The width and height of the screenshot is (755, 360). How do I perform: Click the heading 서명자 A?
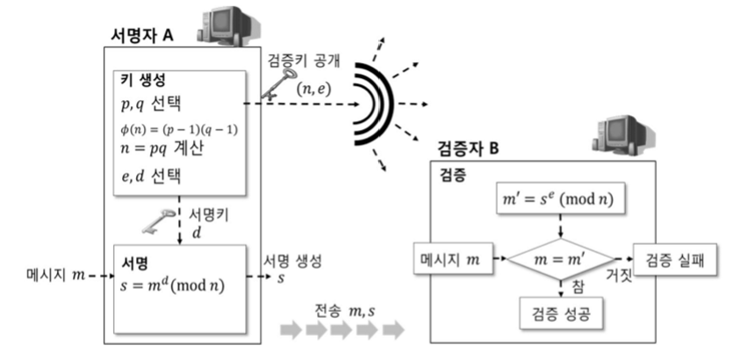[x=139, y=34]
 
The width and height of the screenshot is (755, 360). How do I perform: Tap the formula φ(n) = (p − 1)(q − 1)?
[x=180, y=130]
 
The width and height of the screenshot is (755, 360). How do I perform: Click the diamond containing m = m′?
[x=562, y=260]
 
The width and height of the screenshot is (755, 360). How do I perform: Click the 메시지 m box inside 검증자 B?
[x=450, y=260]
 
